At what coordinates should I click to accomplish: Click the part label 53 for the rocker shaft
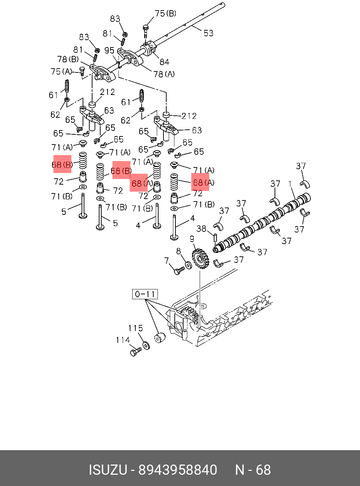208,33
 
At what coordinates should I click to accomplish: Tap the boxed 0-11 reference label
145,294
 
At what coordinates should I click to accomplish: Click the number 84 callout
164,62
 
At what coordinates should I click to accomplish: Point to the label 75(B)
165,14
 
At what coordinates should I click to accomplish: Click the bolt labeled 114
135,351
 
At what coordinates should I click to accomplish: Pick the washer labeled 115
146,346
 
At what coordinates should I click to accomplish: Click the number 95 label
109,51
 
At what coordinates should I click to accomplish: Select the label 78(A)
164,74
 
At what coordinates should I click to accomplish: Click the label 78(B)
68,59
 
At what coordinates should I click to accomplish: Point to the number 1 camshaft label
290,184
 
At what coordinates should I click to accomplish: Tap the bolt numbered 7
179,270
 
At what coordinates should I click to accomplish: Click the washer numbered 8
188,264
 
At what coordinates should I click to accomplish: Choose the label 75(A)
61,72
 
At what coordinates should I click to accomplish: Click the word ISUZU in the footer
108,470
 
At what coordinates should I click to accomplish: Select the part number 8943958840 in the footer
178,470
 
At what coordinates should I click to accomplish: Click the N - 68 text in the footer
253,470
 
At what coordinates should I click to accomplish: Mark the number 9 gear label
192,239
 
